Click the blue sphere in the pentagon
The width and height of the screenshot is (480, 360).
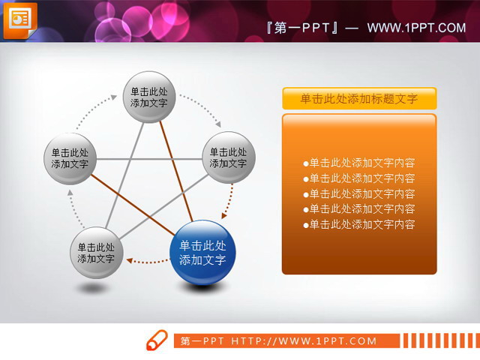pos(202,253)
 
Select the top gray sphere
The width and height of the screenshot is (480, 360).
pos(148,97)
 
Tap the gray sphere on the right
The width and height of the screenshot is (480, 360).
pos(228,157)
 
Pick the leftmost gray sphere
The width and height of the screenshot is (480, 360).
pos(70,157)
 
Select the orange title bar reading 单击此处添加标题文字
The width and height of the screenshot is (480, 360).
pos(358,98)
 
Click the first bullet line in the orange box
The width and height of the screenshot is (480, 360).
pos(359,163)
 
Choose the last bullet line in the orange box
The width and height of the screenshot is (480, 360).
pos(359,224)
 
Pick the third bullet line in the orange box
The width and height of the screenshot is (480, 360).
pos(359,193)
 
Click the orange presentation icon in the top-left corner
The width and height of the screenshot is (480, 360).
pos(19,19)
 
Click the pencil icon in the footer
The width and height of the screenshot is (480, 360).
pos(156,340)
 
